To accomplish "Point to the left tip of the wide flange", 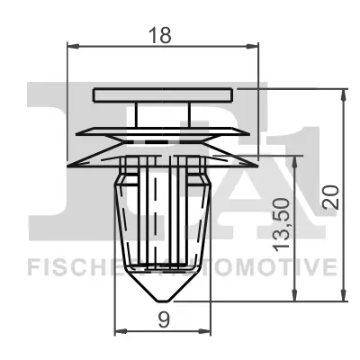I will [x=67, y=164].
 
